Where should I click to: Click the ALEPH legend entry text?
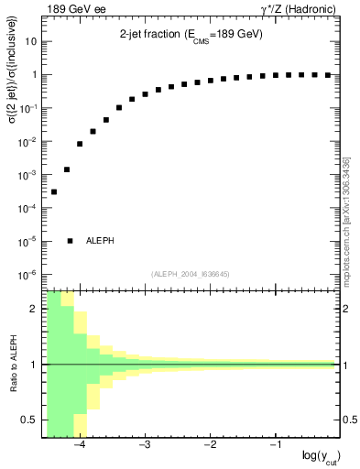101,241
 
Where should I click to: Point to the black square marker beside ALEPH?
71,241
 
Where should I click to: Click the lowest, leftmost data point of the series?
54,191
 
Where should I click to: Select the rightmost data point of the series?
328,75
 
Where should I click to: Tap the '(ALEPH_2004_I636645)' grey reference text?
191,274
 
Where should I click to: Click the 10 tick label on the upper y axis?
32,42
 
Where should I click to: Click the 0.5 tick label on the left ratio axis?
31,420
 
